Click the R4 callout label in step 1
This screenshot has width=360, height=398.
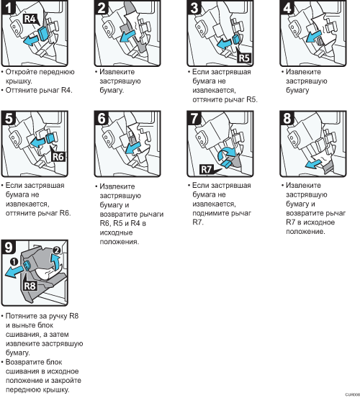[30, 19]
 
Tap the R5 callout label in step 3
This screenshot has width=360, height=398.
[244, 58]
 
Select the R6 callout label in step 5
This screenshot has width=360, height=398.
[58, 157]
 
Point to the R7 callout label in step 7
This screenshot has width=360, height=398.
[206, 169]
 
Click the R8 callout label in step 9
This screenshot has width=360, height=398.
[30, 286]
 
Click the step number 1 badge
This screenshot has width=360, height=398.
[9, 7]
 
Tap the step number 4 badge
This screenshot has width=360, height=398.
[287, 7]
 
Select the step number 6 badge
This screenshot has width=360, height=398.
[102, 118]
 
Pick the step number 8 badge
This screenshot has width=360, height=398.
[287, 118]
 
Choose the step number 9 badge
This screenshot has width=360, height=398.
[9, 247]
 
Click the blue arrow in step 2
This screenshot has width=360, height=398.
[127, 36]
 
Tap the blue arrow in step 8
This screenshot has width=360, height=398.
[313, 163]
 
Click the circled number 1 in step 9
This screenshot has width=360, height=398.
[14, 261]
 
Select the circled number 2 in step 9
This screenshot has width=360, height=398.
[57, 250]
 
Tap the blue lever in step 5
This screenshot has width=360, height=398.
[50, 138]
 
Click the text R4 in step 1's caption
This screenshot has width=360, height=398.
[67, 90]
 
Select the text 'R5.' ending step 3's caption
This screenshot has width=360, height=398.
[252, 99]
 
